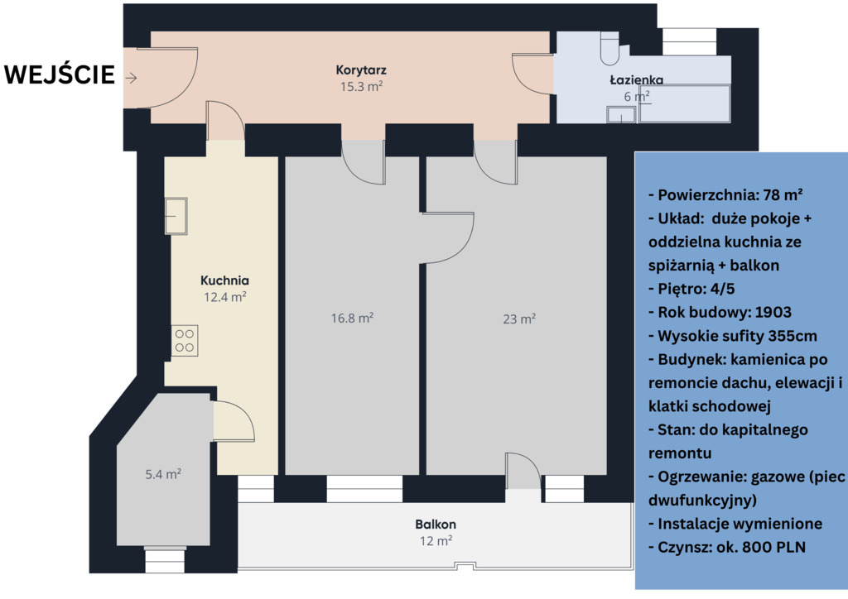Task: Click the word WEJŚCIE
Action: [x=60, y=74]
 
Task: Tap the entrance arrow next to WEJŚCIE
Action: [x=131, y=78]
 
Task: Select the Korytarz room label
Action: [x=361, y=69]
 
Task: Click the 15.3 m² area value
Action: [x=361, y=86]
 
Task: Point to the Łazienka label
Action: [x=637, y=80]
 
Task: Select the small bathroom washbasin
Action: [x=621, y=115]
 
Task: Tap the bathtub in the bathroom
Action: [x=685, y=103]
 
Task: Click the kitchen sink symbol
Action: [x=176, y=216]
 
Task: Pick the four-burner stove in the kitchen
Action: [x=185, y=341]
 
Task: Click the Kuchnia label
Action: [x=224, y=280]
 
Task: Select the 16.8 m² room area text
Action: [x=352, y=319]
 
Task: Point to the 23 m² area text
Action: [x=519, y=319]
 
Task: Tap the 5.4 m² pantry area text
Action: [x=163, y=474]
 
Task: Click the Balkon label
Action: [x=436, y=524]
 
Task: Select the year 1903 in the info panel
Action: [x=773, y=312]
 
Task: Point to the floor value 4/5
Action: [x=723, y=289]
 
